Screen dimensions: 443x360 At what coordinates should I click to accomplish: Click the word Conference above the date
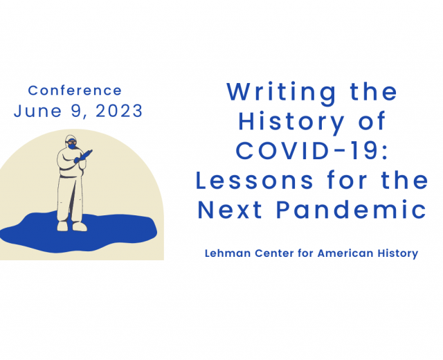[75, 91]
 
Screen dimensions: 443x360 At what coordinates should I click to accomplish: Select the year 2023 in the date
[119, 111]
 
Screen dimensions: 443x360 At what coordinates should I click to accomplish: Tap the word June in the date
[37, 111]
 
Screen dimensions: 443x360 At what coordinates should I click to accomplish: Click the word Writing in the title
[282, 93]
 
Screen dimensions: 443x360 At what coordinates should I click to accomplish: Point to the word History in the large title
[291, 121]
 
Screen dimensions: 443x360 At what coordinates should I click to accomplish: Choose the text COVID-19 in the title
[312, 150]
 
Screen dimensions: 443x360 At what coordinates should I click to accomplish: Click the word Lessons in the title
[255, 180]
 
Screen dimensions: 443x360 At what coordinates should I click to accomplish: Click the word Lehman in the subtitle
[228, 253]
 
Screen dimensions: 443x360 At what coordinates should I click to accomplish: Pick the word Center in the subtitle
[275, 253]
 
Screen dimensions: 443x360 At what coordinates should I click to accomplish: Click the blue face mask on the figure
[72, 146]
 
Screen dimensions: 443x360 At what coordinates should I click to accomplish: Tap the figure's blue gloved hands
[83, 156]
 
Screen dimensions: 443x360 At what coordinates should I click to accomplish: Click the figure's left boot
[62, 226]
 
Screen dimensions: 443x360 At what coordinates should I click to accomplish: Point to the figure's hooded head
[71, 142]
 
